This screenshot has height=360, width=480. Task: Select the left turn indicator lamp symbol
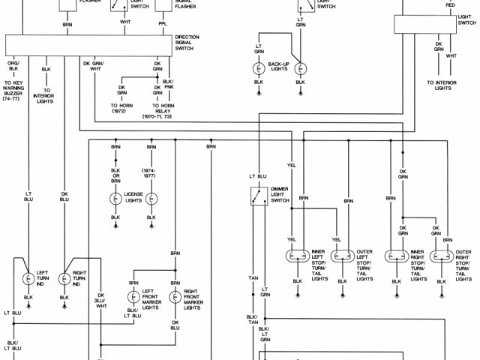[x=28, y=277]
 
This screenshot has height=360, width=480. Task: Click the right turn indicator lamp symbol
[x=64, y=277]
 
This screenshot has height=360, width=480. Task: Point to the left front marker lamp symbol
[x=133, y=297]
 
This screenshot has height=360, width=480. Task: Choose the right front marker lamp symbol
[x=175, y=297]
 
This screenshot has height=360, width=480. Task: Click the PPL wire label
[x=163, y=23]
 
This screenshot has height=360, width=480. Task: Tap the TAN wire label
[x=253, y=278]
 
